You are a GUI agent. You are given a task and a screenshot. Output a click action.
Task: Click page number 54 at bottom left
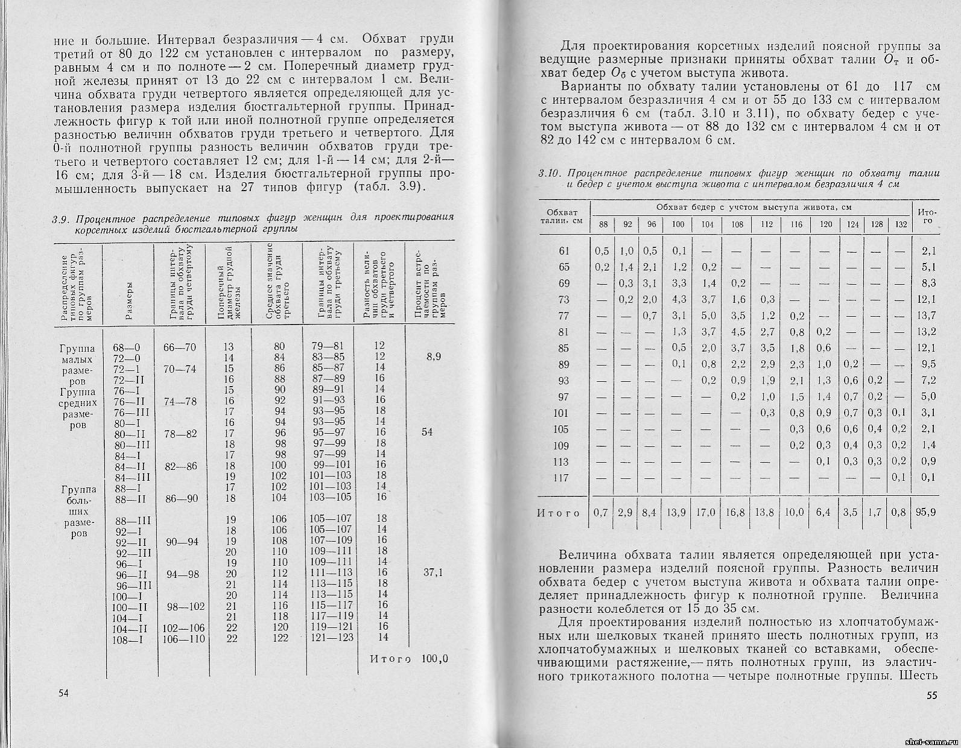point(63,693)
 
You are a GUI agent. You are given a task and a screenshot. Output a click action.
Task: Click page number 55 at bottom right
point(931,696)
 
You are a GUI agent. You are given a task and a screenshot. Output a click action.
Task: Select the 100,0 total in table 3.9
point(435,658)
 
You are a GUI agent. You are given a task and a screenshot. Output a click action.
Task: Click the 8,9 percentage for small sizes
point(433,357)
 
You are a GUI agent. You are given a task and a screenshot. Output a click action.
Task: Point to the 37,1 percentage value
point(433,573)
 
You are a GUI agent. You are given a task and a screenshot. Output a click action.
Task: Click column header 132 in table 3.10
point(900,224)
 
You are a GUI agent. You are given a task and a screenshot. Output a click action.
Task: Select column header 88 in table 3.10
point(603,224)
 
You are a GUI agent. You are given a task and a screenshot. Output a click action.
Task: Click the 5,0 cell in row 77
point(708,315)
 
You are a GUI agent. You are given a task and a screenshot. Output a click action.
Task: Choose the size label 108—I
point(127,640)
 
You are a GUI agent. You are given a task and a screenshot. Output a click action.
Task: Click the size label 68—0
point(126,347)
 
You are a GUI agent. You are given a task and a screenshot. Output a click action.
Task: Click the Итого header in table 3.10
point(926,216)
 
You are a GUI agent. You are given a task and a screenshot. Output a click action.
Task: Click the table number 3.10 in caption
point(547,174)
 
